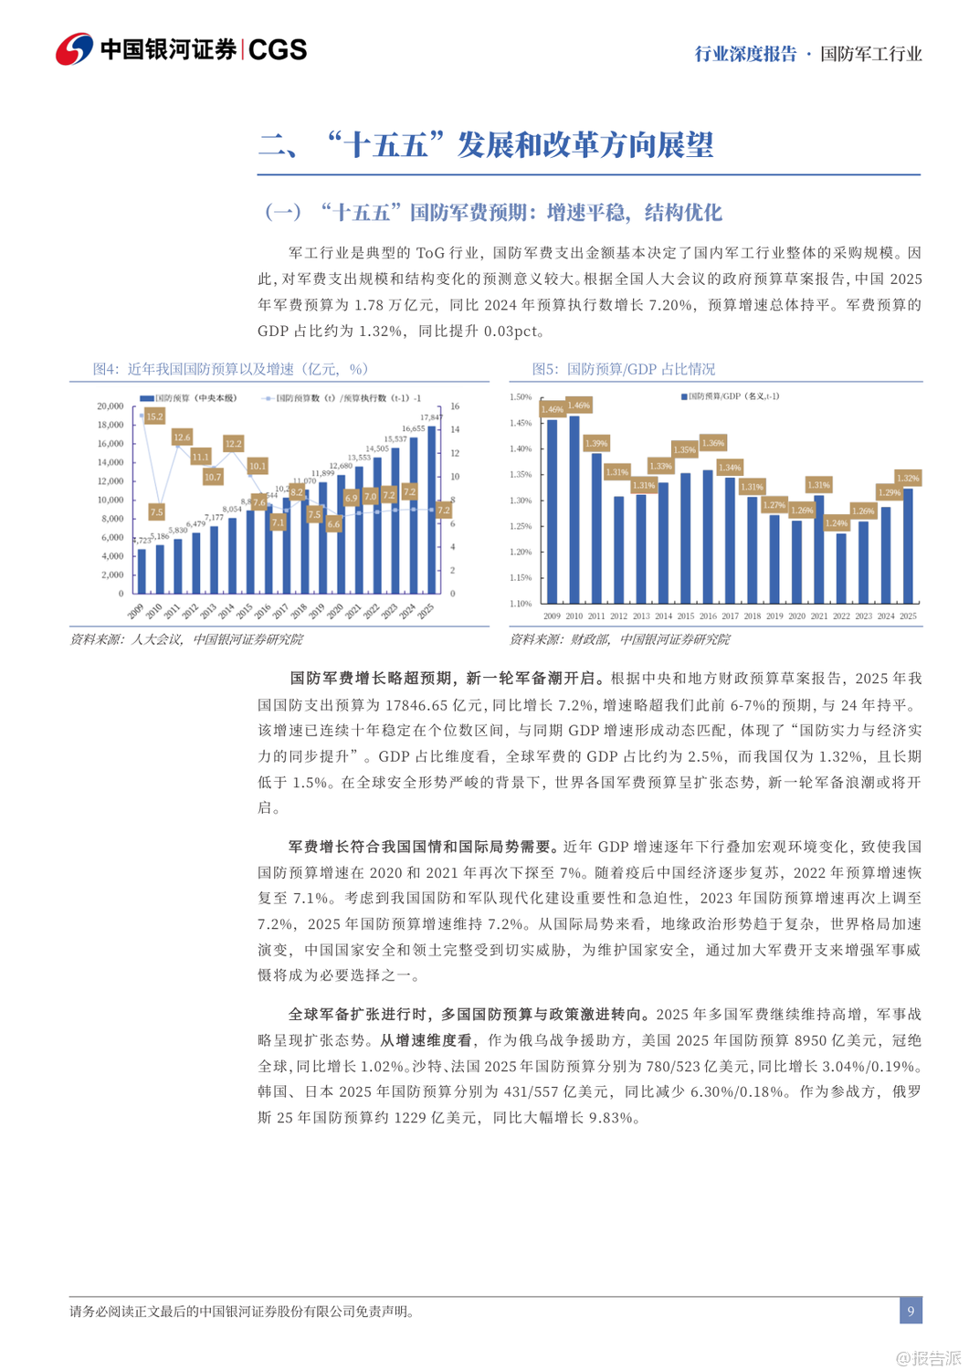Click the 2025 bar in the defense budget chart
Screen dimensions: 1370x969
pyautogui.click(x=431, y=511)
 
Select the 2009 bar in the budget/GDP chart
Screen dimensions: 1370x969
pyautogui.click(x=552, y=511)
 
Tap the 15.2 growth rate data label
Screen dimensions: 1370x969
pyautogui.click(x=154, y=416)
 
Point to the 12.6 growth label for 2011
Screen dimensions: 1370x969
pyautogui.click(x=182, y=437)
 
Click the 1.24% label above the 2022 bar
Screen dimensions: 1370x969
pyautogui.click(x=836, y=523)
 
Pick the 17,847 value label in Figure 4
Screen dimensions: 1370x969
pyautogui.click(x=432, y=417)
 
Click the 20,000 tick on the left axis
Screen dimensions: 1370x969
pyautogui.click(x=111, y=406)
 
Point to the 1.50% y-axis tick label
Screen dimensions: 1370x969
pyautogui.click(x=520, y=397)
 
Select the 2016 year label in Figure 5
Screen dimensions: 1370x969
pyautogui.click(x=708, y=616)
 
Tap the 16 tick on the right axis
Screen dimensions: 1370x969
pyautogui.click(x=455, y=406)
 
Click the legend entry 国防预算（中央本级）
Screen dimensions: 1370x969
pyautogui.click(x=188, y=398)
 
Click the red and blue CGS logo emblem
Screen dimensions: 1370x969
pyautogui.click(x=74, y=49)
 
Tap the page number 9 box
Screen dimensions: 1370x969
pyautogui.click(x=910, y=1312)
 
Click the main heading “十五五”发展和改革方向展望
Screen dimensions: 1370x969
pyautogui.click(x=485, y=144)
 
